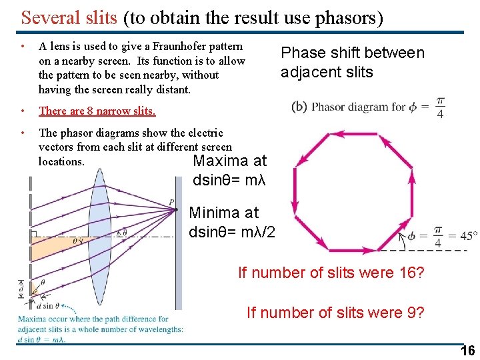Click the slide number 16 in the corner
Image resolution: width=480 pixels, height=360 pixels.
point(468,351)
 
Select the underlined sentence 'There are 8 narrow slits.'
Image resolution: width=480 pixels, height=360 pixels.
point(97,111)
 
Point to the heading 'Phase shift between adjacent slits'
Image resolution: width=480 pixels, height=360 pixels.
point(352,62)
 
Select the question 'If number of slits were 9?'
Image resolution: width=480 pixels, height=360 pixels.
point(335,312)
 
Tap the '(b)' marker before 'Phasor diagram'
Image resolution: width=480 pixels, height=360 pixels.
point(299,107)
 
